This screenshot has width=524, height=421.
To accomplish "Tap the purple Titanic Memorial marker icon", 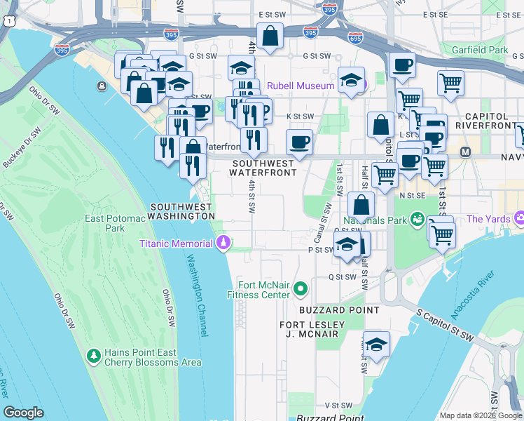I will [223, 243].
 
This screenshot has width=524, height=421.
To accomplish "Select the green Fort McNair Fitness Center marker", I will [300, 288].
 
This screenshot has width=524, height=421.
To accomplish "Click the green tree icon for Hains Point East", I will [93, 356].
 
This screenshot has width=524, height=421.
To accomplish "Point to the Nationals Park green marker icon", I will [418, 219].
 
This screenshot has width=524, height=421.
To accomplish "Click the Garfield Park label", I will [480, 51].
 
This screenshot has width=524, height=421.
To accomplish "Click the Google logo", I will [23, 413].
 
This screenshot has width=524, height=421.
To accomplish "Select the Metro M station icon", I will [464, 152].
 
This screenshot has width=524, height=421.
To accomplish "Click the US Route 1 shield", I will [7, 22].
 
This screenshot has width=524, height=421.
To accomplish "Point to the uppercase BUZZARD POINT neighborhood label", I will [339, 309].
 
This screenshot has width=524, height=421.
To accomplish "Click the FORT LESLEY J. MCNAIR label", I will [312, 329].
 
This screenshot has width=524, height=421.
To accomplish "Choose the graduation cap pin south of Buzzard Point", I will [376, 345].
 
